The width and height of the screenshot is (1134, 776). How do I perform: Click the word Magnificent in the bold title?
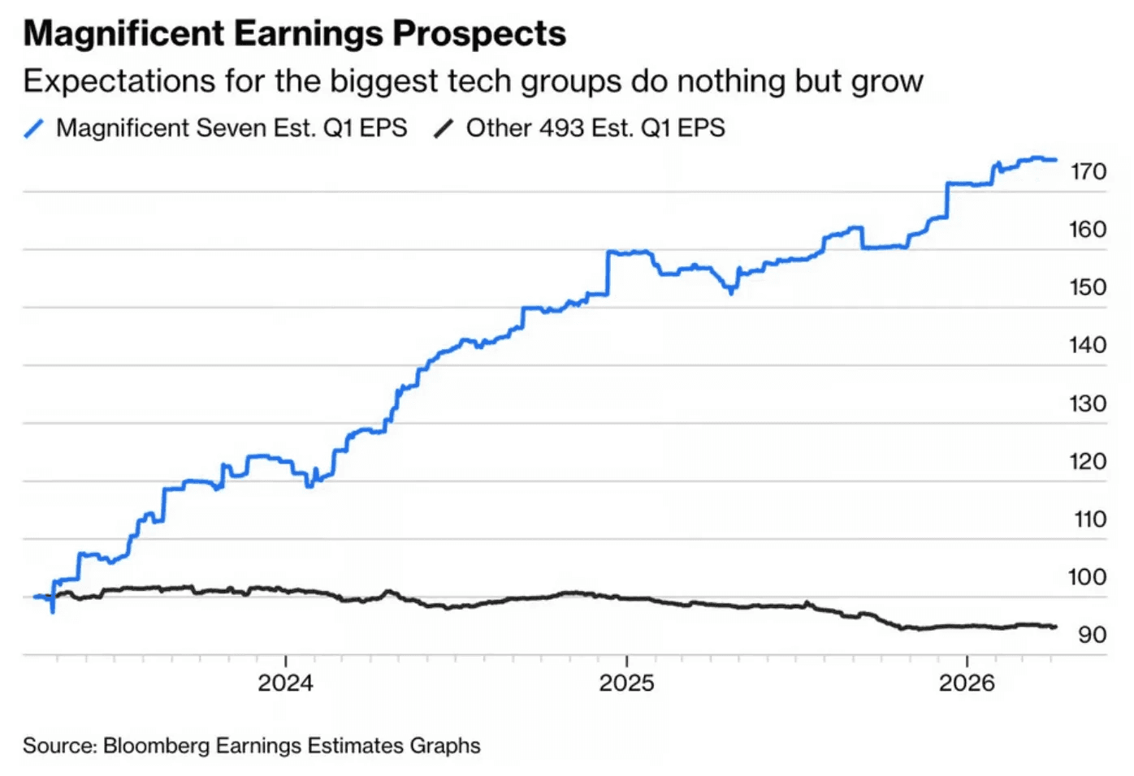(x=124, y=34)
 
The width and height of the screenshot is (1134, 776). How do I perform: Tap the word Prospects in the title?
(x=479, y=34)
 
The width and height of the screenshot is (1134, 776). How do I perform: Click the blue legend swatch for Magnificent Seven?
(x=34, y=128)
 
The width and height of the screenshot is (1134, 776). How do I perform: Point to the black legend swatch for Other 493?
(x=444, y=128)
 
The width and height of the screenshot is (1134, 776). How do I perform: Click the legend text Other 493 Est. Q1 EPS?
(x=595, y=128)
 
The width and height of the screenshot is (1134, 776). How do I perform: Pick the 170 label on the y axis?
(x=1088, y=172)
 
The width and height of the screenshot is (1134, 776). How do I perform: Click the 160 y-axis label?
(x=1088, y=230)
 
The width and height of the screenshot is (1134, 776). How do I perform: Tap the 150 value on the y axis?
(x=1088, y=287)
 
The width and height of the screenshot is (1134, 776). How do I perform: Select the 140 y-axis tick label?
(x=1088, y=346)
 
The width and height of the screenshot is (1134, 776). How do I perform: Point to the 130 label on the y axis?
(x=1088, y=403)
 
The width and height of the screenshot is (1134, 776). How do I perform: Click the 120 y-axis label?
(x=1088, y=462)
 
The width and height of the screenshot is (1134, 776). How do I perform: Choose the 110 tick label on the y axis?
(x=1089, y=519)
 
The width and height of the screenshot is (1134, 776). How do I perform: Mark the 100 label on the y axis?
(x=1088, y=577)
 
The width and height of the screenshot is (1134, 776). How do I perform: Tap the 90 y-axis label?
(x=1093, y=635)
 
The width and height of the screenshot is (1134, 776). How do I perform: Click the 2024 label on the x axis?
(x=285, y=683)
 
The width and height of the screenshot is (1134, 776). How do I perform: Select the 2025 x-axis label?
(x=626, y=683)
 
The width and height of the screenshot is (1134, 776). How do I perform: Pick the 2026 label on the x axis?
(x=967, y=683)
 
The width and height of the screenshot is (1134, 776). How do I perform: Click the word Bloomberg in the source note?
(x=156, y=746)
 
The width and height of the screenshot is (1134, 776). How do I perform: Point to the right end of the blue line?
(x=1055, y=160)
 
